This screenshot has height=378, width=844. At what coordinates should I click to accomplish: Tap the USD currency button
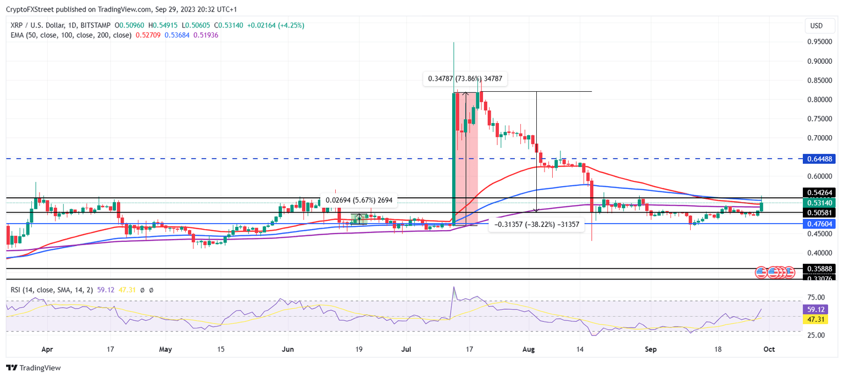coord(817,26)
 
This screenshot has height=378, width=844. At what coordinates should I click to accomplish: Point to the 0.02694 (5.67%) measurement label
coord(359,201)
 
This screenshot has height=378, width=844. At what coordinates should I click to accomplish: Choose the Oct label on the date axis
coord(769,349)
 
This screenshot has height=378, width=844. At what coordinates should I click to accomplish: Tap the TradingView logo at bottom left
coord(34,368)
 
